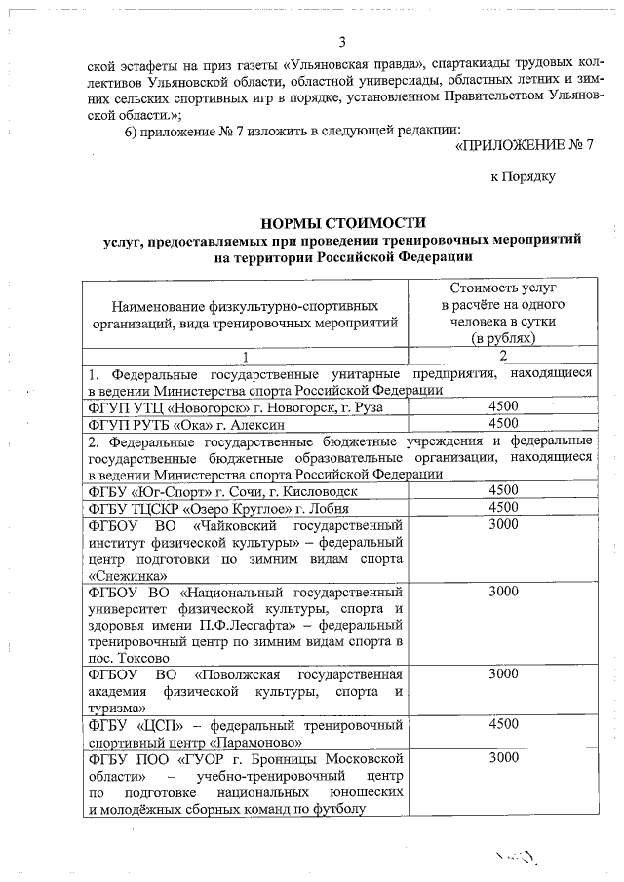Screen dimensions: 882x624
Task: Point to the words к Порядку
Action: (523, 176)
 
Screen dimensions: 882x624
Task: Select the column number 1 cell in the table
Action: (245, 356)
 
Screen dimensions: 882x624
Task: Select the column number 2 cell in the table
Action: (503, 356)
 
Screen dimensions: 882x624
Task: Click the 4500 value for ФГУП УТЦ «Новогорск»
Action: (503, 405)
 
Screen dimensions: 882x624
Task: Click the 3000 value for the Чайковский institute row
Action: (503, 524)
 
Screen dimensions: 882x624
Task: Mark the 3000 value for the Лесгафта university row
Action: (503, 592)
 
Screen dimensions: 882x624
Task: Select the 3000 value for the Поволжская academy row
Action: (503, 673)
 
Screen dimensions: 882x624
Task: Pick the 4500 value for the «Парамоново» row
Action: (503, 724)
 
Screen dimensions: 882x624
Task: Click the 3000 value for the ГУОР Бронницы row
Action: (503, 757)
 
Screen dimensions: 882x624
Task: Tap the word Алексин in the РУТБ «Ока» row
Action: (250, 423)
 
